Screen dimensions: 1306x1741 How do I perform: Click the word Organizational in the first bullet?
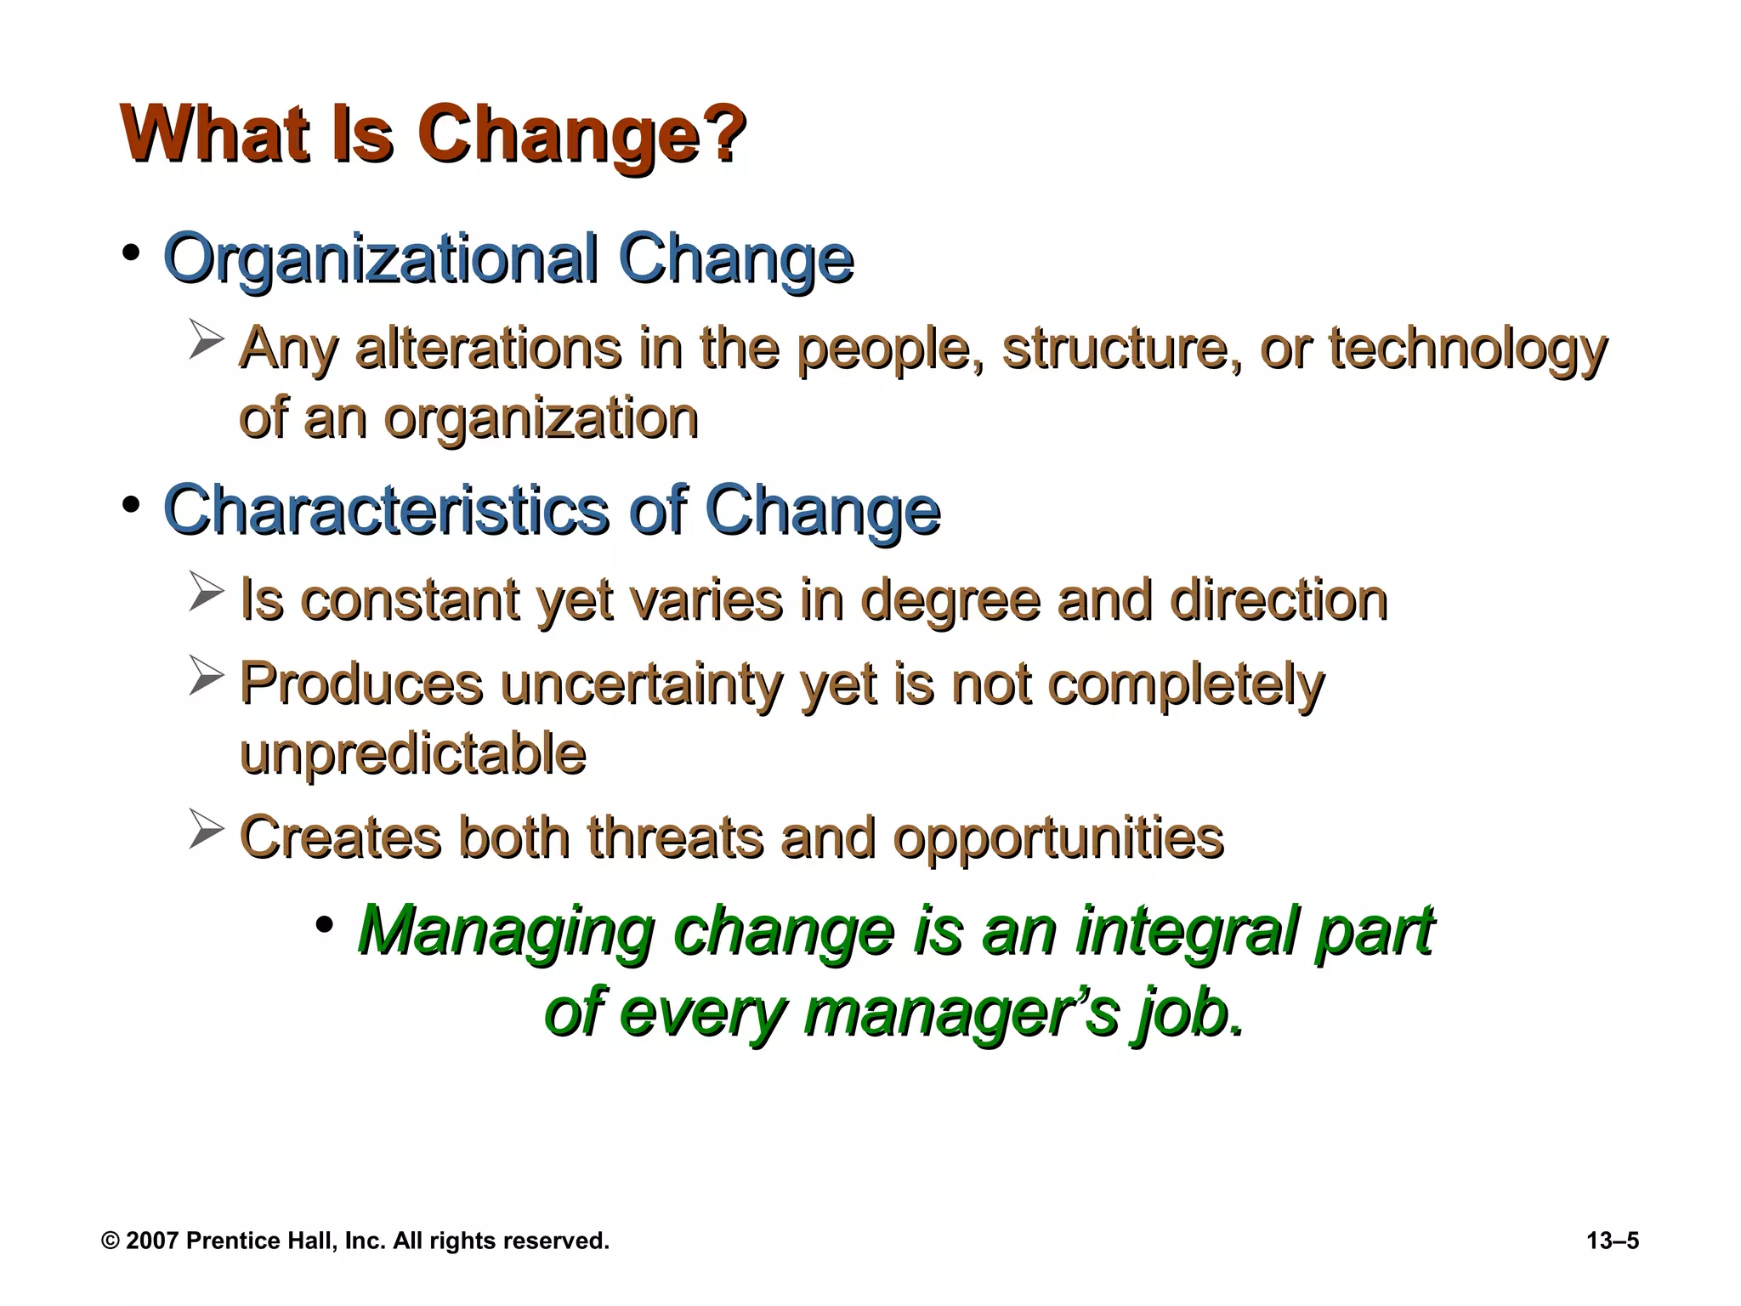pyautogui.click(x=379, y=258)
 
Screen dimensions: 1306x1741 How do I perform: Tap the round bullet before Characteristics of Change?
pyautogui.click(x=131, y=506)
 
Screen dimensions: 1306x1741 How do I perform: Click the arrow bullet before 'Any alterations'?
pyautogui.click(x=206, y=340)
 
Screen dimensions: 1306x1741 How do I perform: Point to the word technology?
pyautogui.click(x=1467, y=349)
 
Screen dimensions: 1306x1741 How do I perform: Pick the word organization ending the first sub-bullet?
pyautogui.click(x=541, y=417)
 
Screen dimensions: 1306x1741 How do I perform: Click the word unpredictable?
pyautogui.click(x=413, y=752)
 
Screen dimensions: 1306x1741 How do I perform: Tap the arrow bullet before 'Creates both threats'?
pyautogui.click(x=206, y=830)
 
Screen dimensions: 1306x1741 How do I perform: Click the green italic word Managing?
pyautogui.click(x=507, y=931)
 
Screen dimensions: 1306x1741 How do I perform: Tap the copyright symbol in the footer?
pyautogui.click(x=111, y=1241)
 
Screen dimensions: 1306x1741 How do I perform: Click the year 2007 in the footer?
pyautogui.click(x=151, y=1241)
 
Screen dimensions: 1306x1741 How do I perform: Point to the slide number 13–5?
pyautogui.click(x=1612, y=1241)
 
